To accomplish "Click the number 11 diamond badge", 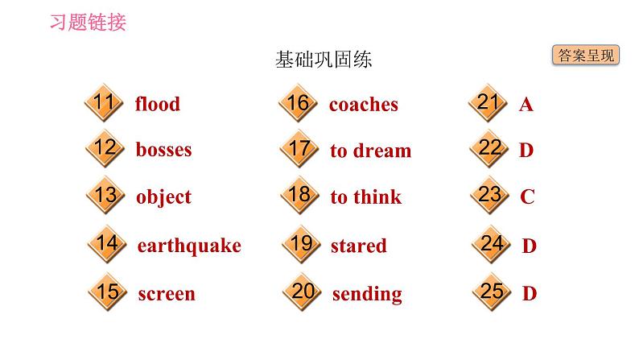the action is [x=104, y=102].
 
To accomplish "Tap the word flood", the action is [x=157, y=104].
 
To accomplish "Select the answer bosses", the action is [x=163, y=149].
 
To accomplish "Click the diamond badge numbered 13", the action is [x=106, y=195].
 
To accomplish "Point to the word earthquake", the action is [x=189, y=246].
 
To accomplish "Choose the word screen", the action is [x=167, y=294].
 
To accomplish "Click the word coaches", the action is [x=364, y=105].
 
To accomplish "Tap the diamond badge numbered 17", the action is [x=299, y=148].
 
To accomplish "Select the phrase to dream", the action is [x=371, y=151].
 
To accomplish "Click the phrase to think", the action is [x=366, y=197].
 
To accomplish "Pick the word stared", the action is [x=359, y=246].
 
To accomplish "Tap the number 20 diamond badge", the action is [x=302, y=292].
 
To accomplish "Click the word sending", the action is [x=367, y=294].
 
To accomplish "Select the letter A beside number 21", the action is [x=526, y=105].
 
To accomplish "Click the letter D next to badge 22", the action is [x=526, y=150].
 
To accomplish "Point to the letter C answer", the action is [x=527, y=197].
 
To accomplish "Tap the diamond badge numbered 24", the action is [x=492, y=244].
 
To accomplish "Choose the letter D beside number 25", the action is [x=530, y=293].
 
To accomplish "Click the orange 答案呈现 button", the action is [x=586, y=55].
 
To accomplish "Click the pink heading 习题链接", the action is [x=88, y=22].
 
